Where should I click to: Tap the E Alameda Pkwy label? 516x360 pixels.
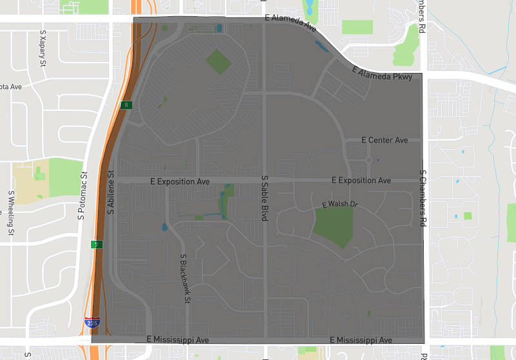(382, 73)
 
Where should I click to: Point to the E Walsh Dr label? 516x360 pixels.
(339, 205)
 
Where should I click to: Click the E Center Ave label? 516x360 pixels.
(385, 140)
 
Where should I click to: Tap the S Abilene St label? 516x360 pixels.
(110, 192)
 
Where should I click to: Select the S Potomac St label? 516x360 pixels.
(82, 196)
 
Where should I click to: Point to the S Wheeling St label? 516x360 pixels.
(11, 212)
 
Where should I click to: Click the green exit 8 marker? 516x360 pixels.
(127, 105)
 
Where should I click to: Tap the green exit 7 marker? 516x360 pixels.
(95, 245)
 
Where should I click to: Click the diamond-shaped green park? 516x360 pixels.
(219, 61)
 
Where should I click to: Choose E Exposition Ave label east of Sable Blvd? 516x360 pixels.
(361, 181)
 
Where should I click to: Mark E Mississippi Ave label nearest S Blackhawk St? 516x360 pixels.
(178, 339)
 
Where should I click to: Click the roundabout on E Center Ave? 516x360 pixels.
(369, 159)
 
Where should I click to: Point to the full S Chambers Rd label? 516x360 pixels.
(423, 198)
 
